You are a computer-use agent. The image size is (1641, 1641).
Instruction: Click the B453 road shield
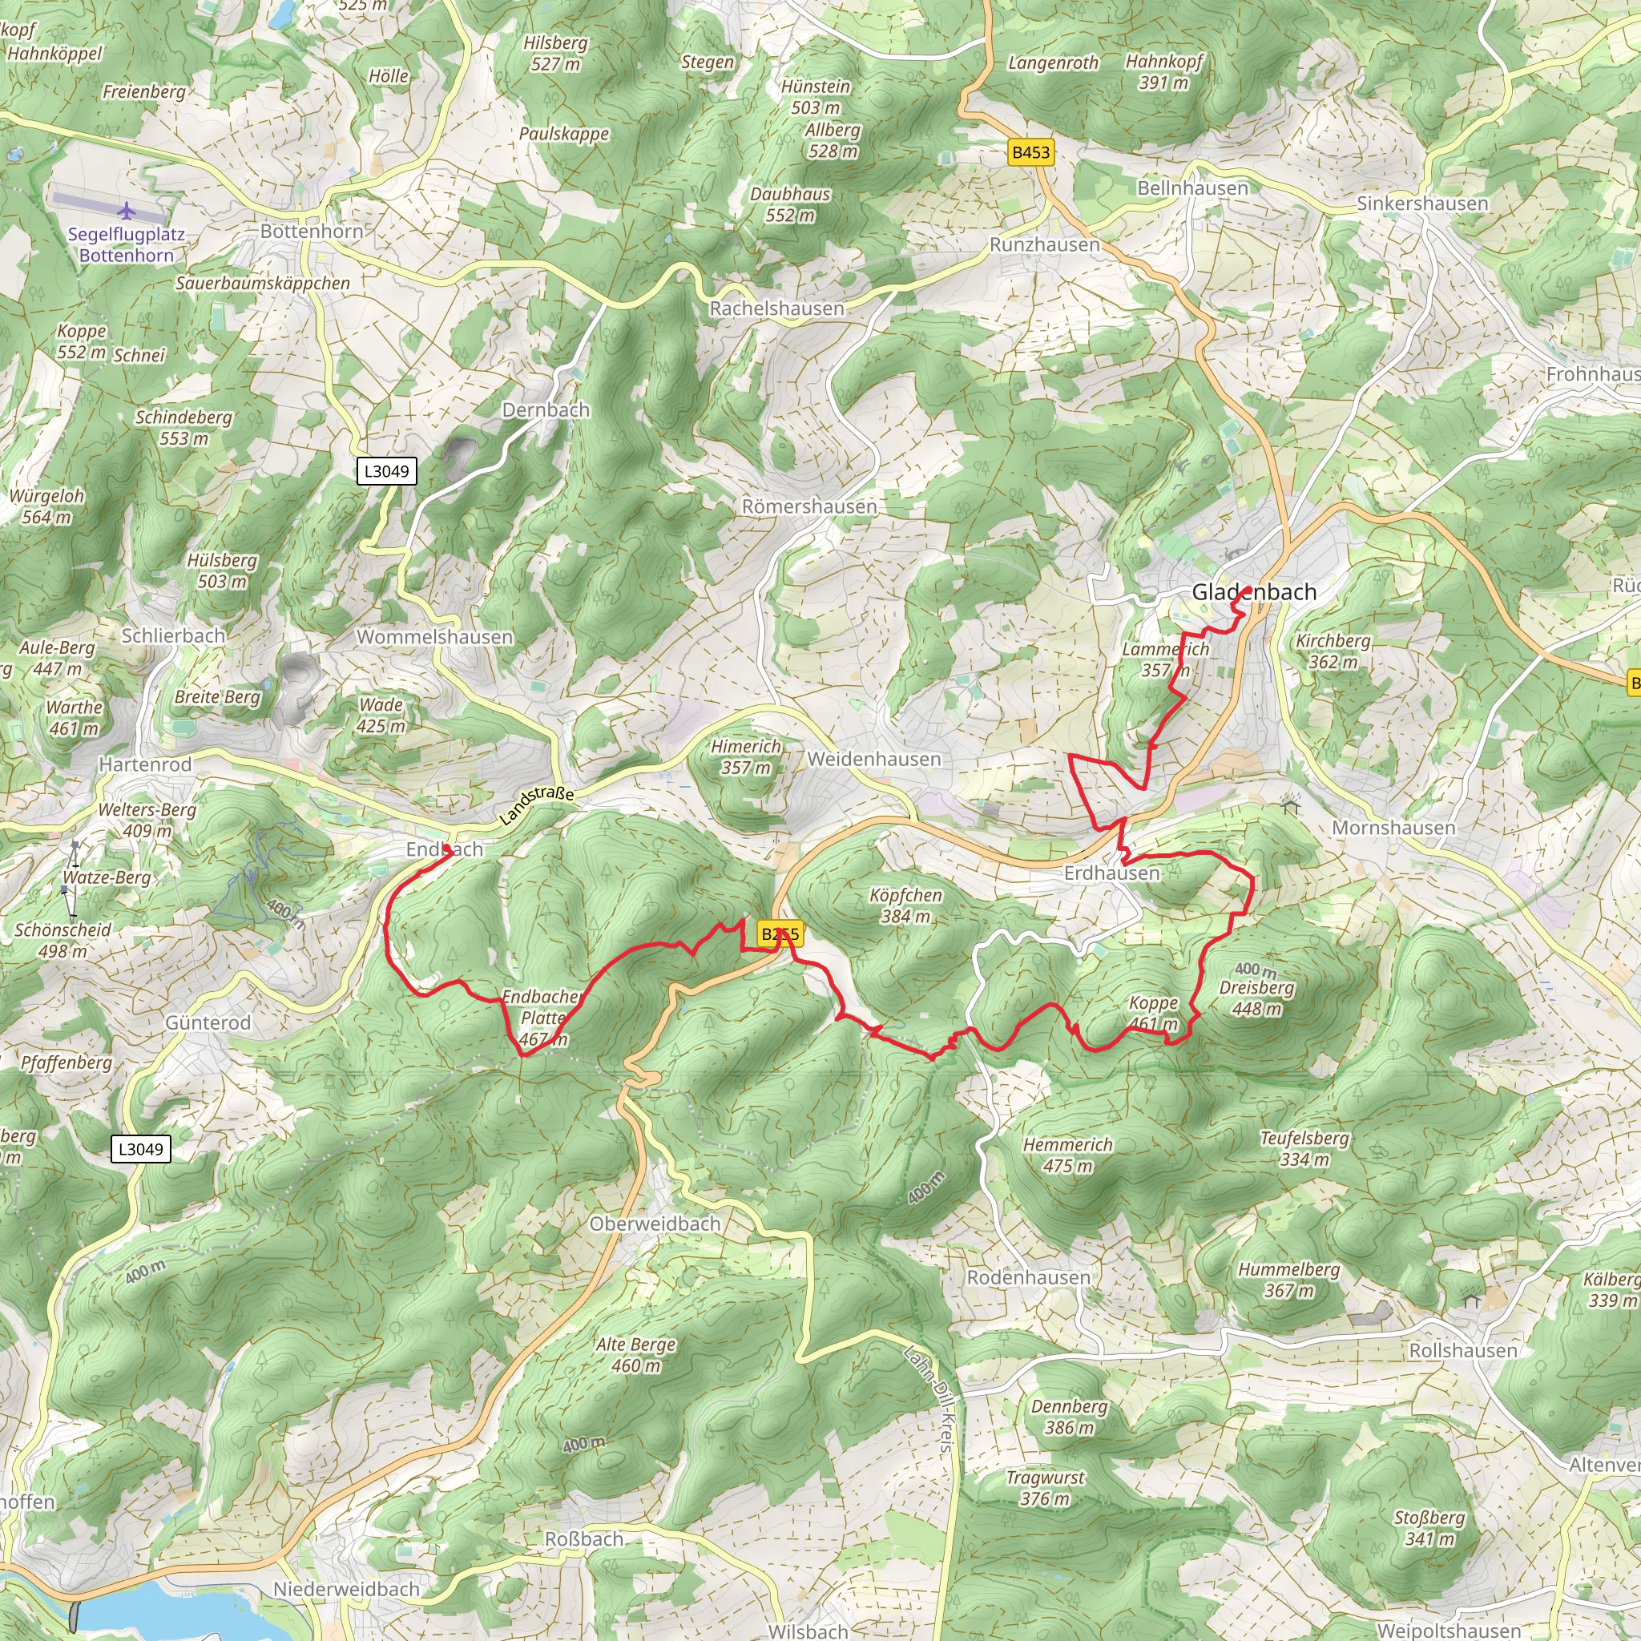click(x=1030, y=152)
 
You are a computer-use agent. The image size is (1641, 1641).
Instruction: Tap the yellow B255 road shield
click(x=779, y=934)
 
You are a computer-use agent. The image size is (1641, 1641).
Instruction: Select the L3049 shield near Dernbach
click(x=386, y=470)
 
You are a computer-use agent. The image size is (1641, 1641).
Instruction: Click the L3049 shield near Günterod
click(x=141, y=1149)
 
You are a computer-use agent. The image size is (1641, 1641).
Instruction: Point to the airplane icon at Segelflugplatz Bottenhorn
click(x=127, y=210)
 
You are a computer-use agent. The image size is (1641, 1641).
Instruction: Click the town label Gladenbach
click(x=1254, y=592)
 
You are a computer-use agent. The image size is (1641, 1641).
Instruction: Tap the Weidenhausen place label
click(x=874, y=759)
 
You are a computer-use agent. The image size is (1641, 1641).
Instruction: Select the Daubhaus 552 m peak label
click(x=790, y=204)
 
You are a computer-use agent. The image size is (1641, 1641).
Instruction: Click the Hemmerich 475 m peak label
click(x=1066, y=1155)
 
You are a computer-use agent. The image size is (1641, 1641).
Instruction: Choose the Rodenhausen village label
click(x=1028, y=1276)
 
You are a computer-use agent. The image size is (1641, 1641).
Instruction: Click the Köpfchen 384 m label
click(x=905, y=905)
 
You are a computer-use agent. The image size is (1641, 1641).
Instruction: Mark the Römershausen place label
click(x=808, y=506)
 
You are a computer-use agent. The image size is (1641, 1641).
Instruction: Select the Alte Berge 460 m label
click(x=635, y=1355)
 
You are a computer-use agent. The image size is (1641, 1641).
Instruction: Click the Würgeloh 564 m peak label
click(x=46, y=506)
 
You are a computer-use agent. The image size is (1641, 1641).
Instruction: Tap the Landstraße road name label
click(x=537, y=805)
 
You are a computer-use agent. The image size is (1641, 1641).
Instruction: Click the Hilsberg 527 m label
click(x=555, y=53)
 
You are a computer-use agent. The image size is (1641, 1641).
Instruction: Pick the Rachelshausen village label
click(x=776, y=308)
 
